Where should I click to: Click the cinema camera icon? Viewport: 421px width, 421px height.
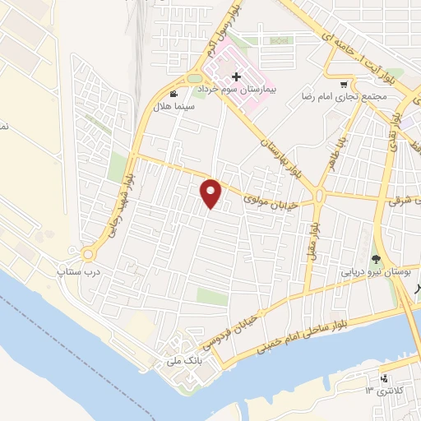pos(173,94)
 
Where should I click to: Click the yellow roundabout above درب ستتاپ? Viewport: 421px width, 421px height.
pos(87,253)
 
